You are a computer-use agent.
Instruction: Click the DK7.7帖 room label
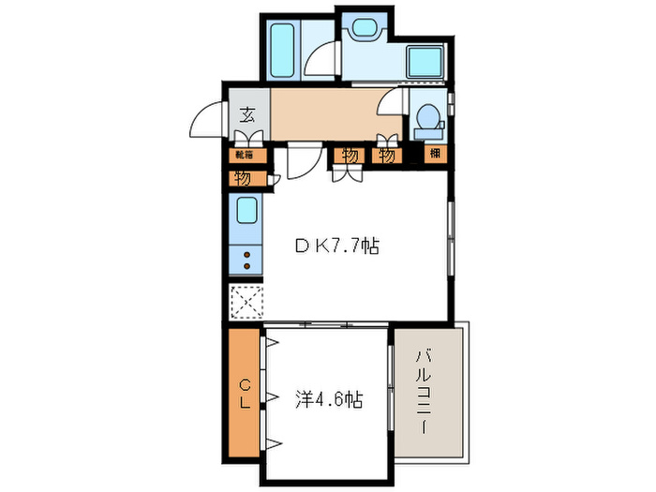(338, 246)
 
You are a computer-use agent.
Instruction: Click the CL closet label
(243, 394)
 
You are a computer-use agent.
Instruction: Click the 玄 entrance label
(247, 116)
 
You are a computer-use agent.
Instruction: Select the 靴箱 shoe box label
(242, 155)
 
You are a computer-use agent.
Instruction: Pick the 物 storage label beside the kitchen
(242, 176)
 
